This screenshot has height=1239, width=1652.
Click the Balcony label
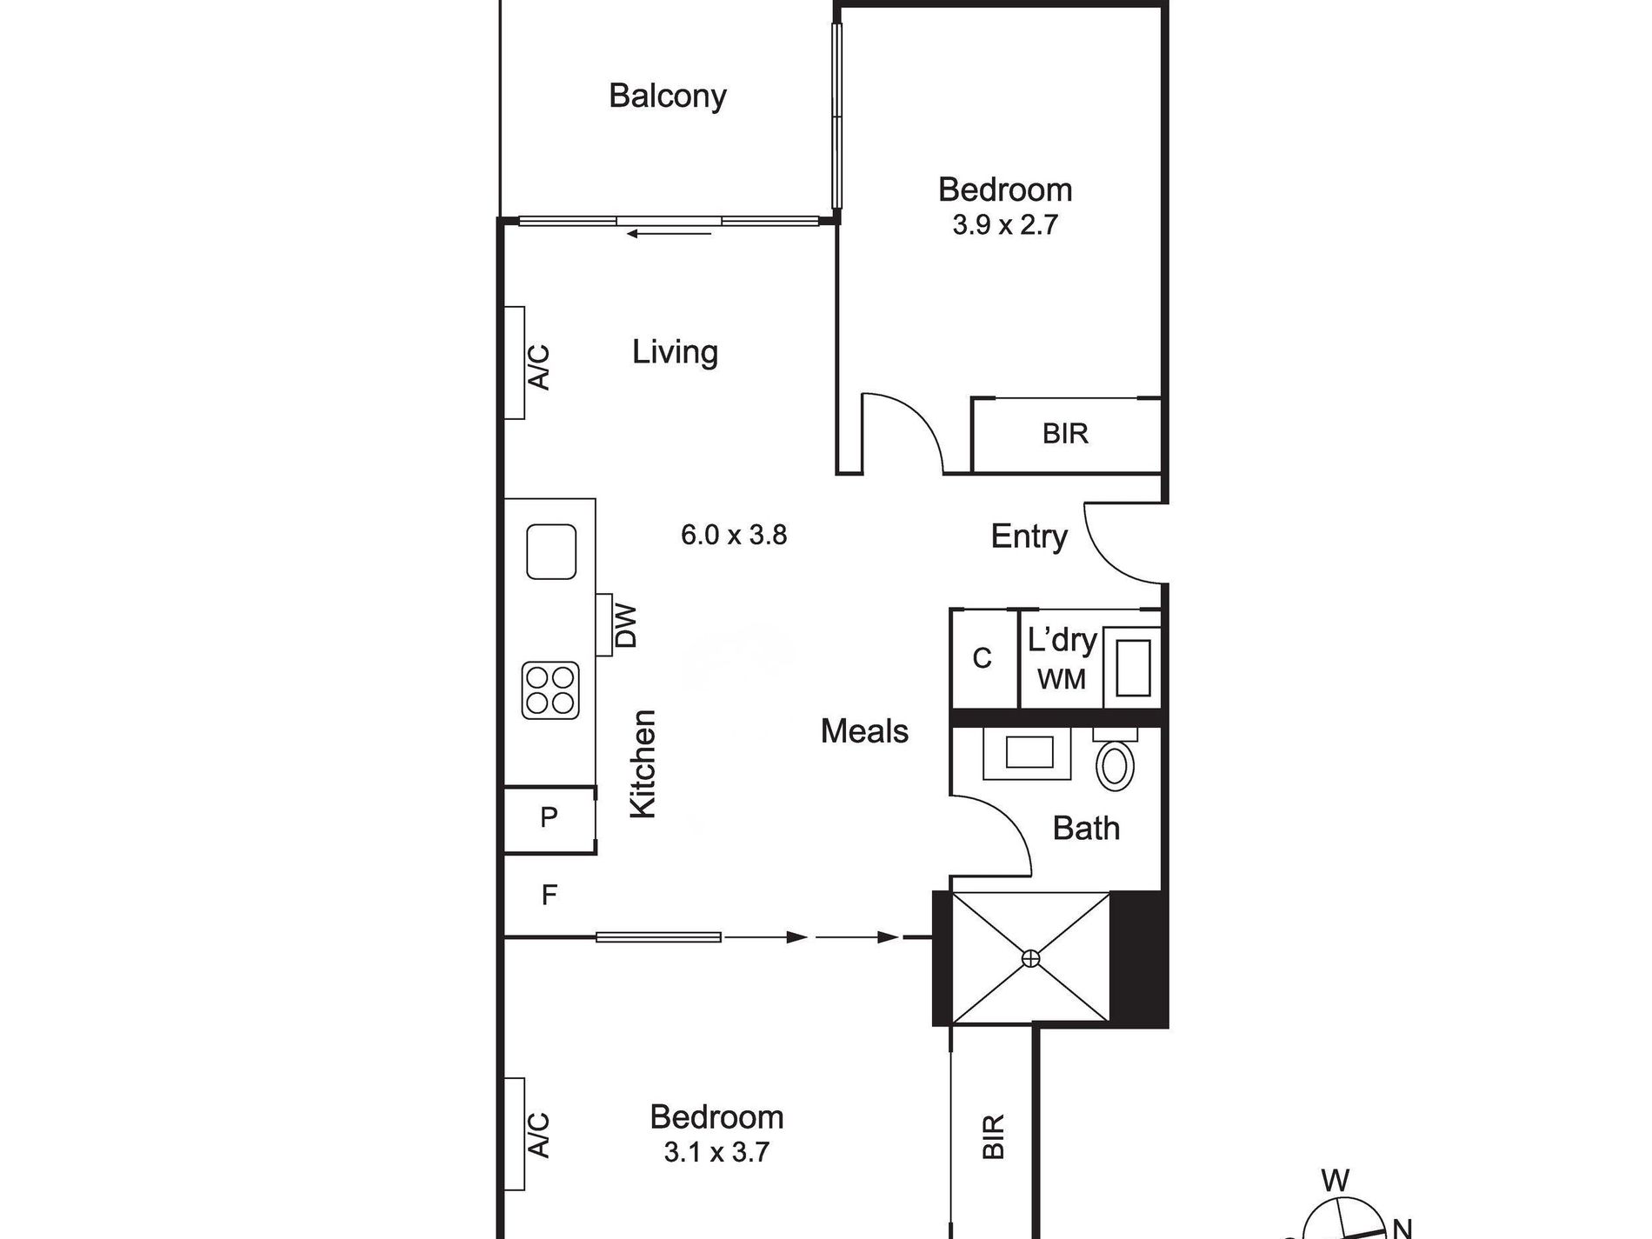coord(668,96)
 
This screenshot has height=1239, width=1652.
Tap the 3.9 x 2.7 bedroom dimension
coord(1005,225)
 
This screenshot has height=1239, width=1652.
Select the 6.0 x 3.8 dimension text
coord(734,535)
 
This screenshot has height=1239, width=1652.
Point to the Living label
coord(675,352)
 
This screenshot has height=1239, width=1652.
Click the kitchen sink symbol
coord(551,552)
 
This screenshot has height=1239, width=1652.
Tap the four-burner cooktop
coord(550,690)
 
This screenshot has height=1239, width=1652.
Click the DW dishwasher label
coord(626,626)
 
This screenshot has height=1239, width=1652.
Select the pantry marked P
coord(550,818)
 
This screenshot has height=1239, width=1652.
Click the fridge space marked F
coord(550,895)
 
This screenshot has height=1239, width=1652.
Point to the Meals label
coord(864,731)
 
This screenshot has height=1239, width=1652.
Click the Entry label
coord(1029,536)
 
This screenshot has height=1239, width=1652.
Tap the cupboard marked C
coord(983,658)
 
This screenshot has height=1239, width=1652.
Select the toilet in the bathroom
coord(1116,760)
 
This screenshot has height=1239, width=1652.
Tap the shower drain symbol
coord(1030,959)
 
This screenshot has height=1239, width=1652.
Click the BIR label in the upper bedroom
coord(1065,433)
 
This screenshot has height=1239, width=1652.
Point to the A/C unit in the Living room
coord(515,363)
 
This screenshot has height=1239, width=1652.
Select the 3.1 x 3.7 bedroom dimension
coord(716,1153)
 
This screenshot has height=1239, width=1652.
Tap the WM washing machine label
coord(1062,679)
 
